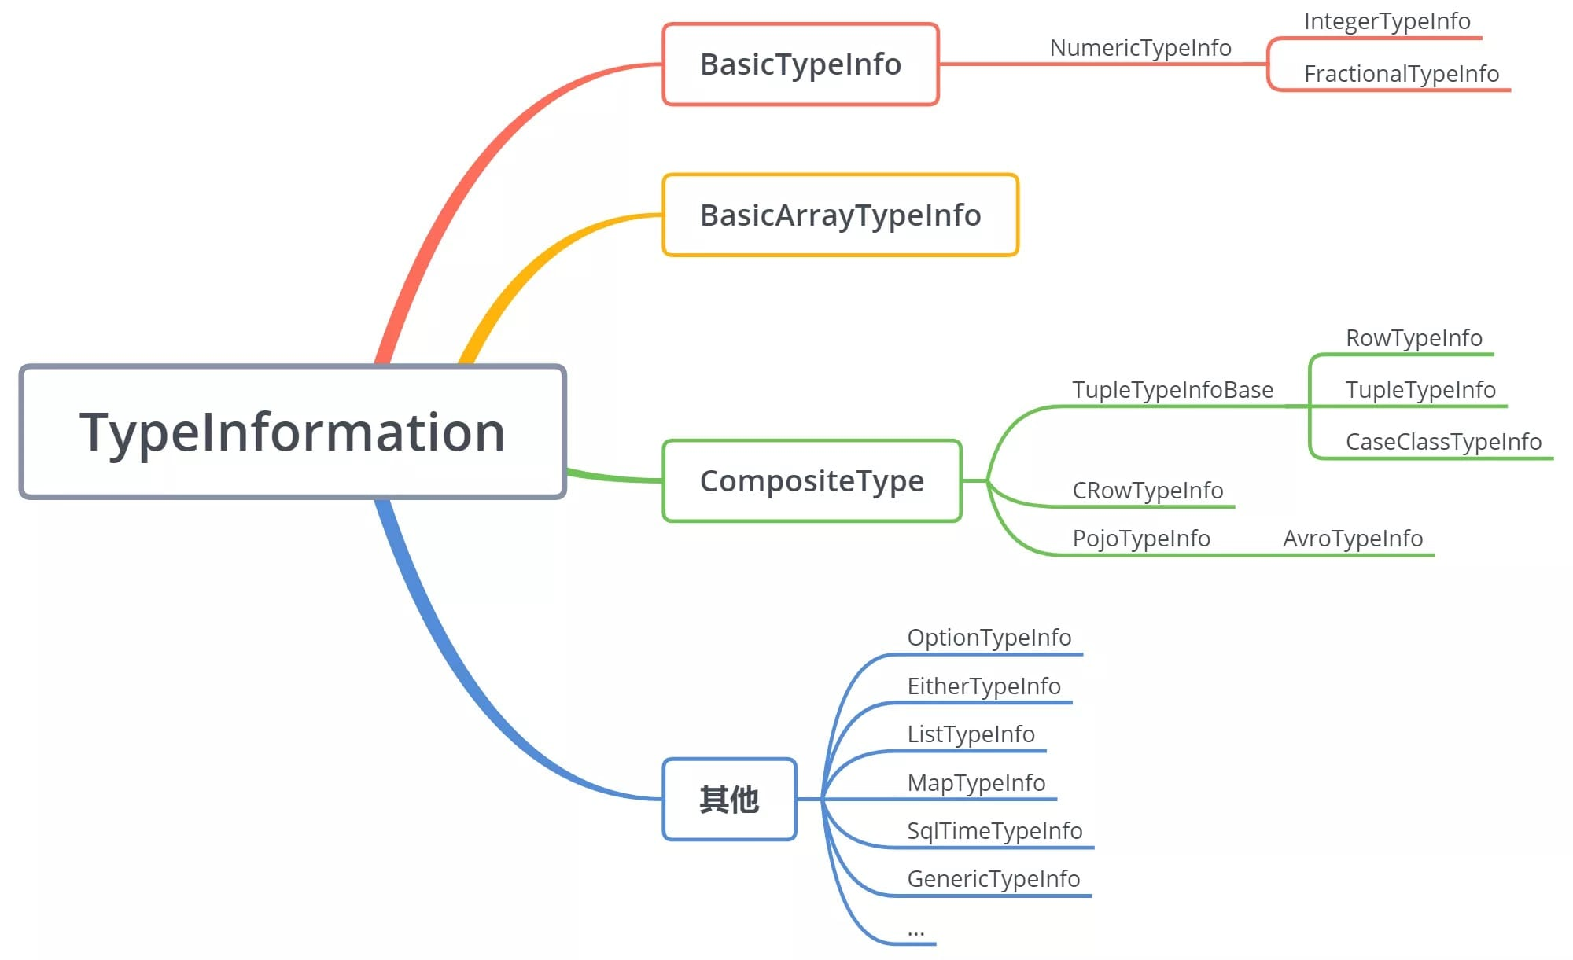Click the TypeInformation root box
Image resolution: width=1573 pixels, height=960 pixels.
pyautogui.click(x=293, y=432)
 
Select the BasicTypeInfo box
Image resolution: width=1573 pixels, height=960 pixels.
pyautogui.click(x=801, y=64)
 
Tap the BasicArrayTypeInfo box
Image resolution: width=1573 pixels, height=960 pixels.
pyautogui.click(x=840, y=215)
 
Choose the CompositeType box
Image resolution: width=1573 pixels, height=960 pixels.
pyautogui.click(x=812, y=481)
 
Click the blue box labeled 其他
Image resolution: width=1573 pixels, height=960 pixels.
pyautogui.click(x=729, y=800)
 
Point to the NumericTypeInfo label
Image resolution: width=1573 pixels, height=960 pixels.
pyautogui.click(x=1140, y=48)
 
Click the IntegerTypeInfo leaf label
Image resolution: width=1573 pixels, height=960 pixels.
pyautogui.click(x=1387, y=21)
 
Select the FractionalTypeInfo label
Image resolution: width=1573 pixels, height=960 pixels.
pyautogui.click(x=1401, y=74)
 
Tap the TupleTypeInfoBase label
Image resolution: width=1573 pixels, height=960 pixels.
pyautogui.click(x=1172, y=390)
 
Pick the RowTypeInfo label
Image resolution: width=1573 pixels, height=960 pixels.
pyautogui.click(x=1413, y=338)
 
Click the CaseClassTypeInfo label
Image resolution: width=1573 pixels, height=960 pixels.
pyautogui.click(x=1443, y=442)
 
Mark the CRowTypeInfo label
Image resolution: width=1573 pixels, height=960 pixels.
pyautogui.click(x=1148, y=491)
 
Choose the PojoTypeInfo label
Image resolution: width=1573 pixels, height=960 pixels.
pyautogui.click(x=1140, y=539)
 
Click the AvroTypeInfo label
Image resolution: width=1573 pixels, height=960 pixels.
pyautogui.click(x=1353, y=539)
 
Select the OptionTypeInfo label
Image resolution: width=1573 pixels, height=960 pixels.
pyautogui.click(x=989, y=638)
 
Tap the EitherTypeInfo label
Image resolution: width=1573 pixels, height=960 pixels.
pyautogui.click(x=983, y=686)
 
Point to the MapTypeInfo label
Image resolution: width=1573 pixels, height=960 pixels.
pyautogui.click(x=975, y=783)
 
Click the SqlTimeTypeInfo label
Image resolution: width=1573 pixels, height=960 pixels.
pyautogui.click(x=994, y=831)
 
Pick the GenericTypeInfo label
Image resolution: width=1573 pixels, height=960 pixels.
pyautogui.click(x=993, y=879)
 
